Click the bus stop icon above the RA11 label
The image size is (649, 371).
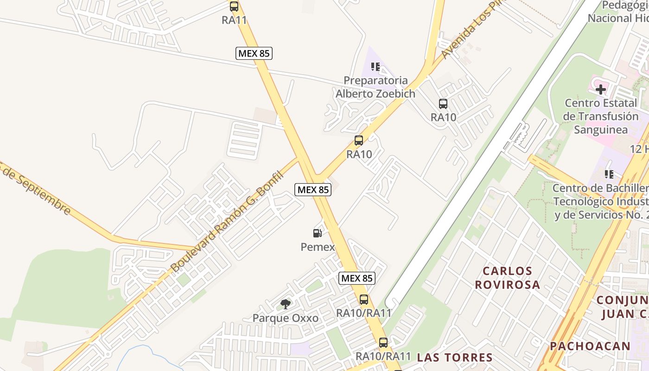pos(234,6)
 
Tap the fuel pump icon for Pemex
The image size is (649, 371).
pos(318,233)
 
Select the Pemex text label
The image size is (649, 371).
pos(318,247)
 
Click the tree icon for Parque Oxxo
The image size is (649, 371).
pos(286,304)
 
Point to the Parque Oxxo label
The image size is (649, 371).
pos(286,318)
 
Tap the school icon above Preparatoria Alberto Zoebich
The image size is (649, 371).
pos(375,67)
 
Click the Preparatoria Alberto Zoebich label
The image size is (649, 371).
pos(375,87)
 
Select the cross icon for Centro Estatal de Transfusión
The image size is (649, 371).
pos(601,89)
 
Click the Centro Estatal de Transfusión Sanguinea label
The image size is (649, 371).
pos(601,116)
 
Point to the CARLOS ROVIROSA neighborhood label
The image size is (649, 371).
pos(508,277)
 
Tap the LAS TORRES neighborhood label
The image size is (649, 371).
pos(455,357)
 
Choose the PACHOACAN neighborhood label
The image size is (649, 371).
pos(590,346)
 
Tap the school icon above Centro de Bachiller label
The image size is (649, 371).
pos(609,174)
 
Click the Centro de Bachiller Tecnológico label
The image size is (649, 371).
pos(601,202)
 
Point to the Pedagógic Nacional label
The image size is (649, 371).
pos(618,12)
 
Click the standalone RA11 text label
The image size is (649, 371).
pos(234,20)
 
